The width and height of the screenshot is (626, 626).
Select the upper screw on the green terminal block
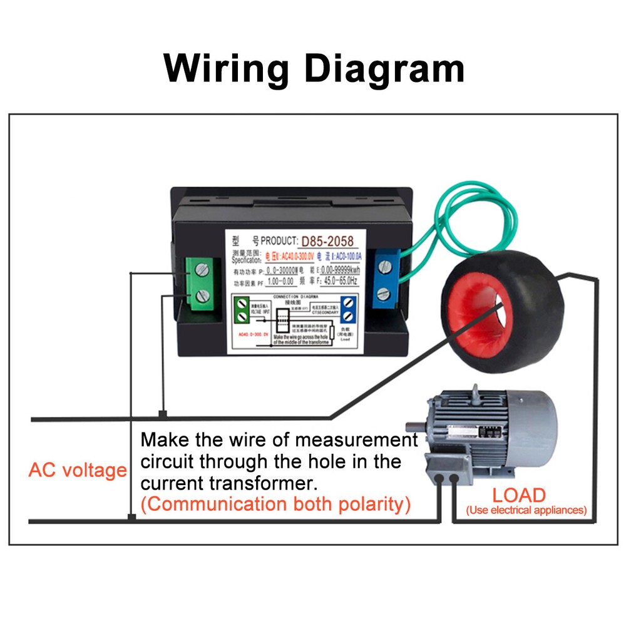click(202, 270)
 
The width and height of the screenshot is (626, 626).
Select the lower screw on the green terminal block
click(202, 295)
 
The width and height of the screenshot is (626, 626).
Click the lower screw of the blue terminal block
click(386, 291)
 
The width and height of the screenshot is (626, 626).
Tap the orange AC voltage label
click(78, 469)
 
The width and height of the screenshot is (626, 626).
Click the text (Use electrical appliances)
click(526, 510)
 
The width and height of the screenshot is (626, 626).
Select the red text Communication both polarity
click(275, 505)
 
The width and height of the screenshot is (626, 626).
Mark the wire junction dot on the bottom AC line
click(131, 517)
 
